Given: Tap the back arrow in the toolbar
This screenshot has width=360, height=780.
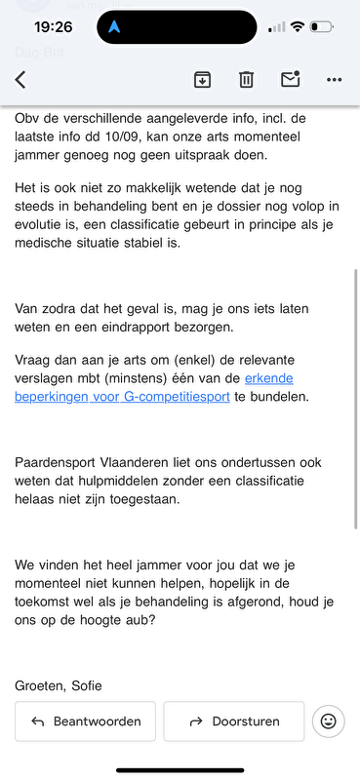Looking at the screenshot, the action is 20,80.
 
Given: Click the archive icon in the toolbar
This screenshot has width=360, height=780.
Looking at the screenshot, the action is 202,80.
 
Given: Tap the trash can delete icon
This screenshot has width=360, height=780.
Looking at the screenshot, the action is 247,80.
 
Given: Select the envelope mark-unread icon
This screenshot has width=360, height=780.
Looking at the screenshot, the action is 290,80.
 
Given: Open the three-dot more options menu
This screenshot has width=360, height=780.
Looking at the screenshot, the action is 335,80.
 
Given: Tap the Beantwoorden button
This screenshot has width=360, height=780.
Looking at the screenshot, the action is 85,721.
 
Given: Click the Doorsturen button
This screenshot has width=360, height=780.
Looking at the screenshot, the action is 233,721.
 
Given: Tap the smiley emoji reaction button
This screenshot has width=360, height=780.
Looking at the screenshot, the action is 329,721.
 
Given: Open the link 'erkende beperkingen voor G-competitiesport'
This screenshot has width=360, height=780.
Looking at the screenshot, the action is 156,387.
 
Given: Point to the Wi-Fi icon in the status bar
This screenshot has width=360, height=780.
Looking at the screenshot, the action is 297,27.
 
